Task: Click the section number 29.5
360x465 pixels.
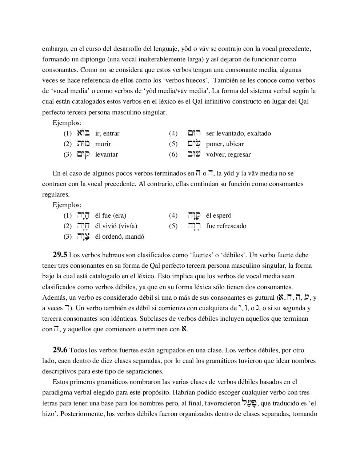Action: point(60,255)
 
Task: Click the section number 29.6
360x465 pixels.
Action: point(60,350)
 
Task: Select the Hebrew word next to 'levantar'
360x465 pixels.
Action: point(83,154)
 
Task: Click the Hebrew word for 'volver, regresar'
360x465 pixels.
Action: point(194,154)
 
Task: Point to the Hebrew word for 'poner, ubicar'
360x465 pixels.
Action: point(194,143)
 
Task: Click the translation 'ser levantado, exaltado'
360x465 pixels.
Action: point(238,133)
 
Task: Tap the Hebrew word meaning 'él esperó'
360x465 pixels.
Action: point(194,215)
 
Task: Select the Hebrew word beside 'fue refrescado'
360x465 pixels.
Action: point(194,226)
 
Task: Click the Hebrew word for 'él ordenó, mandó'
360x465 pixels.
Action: point(83,237)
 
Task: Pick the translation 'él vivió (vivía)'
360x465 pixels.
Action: point(116,226)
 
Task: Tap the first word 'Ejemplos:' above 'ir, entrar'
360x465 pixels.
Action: point(67,123)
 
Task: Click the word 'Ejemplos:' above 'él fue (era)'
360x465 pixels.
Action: point(67,205)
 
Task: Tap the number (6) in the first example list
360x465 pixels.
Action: point(173,154)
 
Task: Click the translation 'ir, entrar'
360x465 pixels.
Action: point(107,133)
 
